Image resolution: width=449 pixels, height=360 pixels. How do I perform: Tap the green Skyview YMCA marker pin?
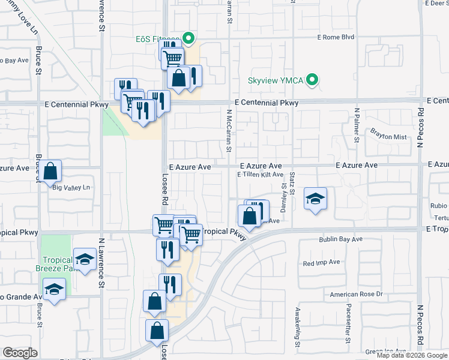(x=312, y=80)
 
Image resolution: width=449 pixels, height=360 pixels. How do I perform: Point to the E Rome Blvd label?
(x=336, y=37)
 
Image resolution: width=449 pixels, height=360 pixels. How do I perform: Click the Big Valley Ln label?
(x=71, y=188)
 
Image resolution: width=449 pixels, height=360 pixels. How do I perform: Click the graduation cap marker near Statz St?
(x=315, y=199)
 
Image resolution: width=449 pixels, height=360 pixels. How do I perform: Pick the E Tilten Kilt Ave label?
(x=260, y=175)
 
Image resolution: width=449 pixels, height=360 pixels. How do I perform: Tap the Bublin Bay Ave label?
(x=340, y=239)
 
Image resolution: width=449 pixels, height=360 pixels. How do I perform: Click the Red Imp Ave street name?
(x=322, y=262)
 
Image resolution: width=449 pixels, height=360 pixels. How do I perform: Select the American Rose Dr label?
(x=357, y=295)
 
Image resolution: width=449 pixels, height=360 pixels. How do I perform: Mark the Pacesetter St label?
(x=348, y=325)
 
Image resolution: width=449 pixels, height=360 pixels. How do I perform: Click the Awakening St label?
(x=297, y=327)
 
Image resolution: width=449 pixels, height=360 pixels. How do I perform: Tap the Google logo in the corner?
(x=20, y=352)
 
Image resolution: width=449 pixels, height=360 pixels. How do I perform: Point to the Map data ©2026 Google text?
(x=412, y=355)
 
